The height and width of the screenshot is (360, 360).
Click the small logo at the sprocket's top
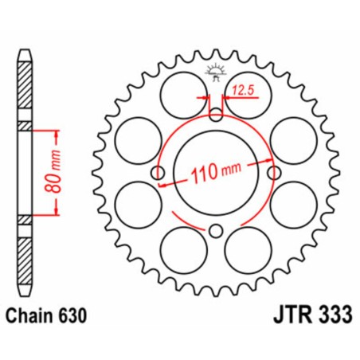217,72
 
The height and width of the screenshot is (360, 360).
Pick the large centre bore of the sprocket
217,171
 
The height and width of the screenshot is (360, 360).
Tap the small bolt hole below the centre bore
217,232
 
